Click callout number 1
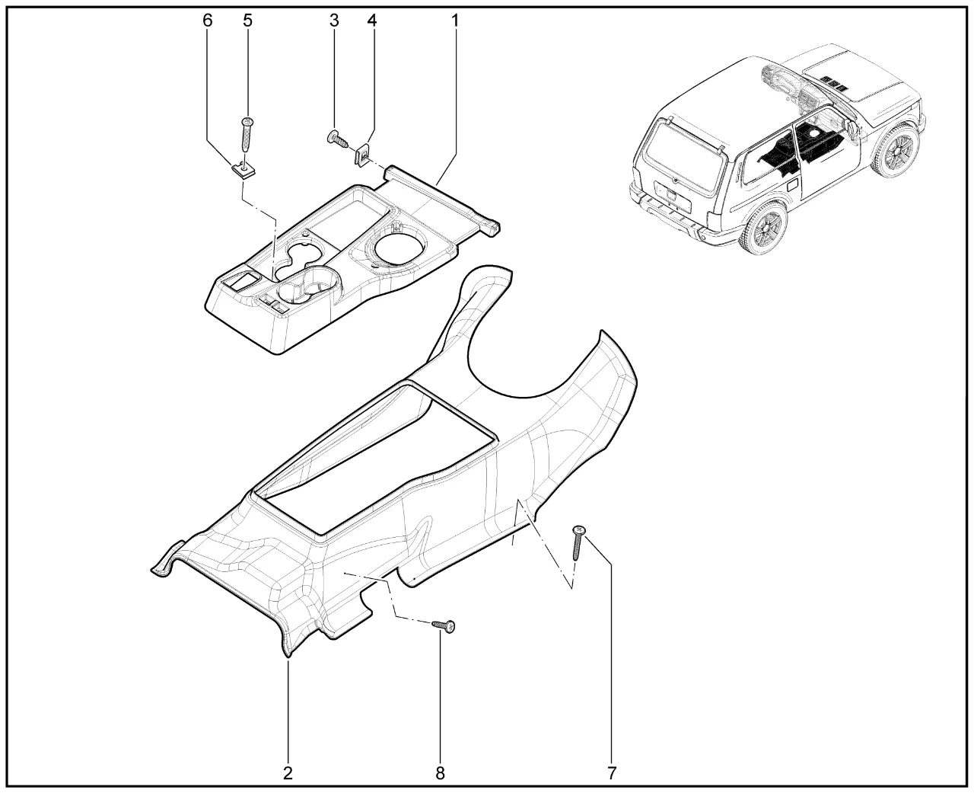pyautogui.click(x=454, y=21)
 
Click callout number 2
pyautogui.click(x=288, y=773)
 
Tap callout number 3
pyautogui.click(x=334, y=21)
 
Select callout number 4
pyautogui.click(x=372, y=21)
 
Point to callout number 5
pyautogui.click(x=247, y=21)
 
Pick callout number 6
pyautogui.click(x=208, y=21)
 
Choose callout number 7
pyautogui.click(x=612, y=773)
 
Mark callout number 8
pyautogui.click(x=440, y=773)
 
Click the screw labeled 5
pyautogui.click(x=247, y=136)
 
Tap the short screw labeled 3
pyautogui.click(x=337, y=139)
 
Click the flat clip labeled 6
pyautogui.click(x=242, y=171)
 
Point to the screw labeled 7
pyautogui.click(x=578, y=543)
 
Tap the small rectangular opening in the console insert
pyautogui.click(x=242, y=280)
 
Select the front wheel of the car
pyautogui.click(x=895, y=151)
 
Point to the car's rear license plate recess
pyautogui.click(x=672, y=193)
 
